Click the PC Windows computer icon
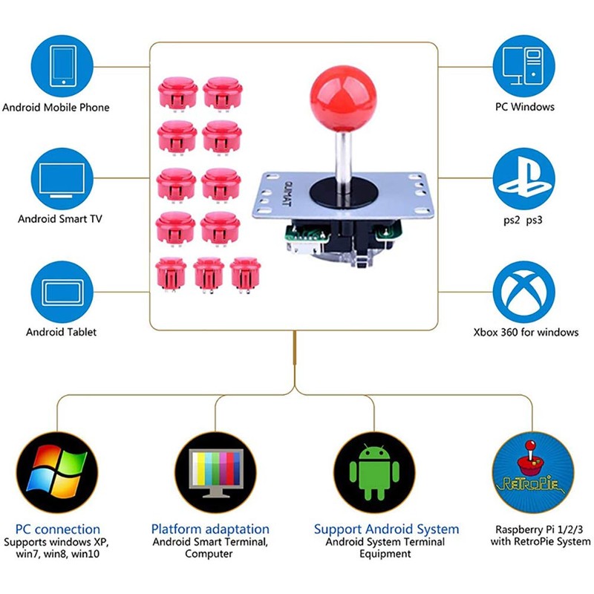[x=524, y=65]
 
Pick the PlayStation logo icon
[x=524, y=178]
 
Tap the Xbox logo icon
[x=524, y=291]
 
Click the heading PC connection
[x=57, y=529]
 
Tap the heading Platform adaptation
[x=210, y=529]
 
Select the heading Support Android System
[x=386, y=529]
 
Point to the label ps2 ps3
[x=524, y=220]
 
